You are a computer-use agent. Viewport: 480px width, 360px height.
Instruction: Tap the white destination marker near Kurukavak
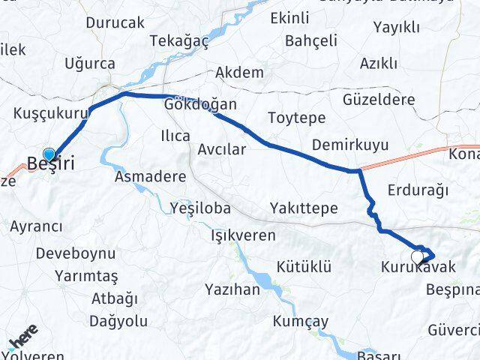[417, 256]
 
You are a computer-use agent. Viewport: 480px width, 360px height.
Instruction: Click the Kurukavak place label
[418, 267]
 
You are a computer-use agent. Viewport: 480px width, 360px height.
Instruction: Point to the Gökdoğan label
[201, 105]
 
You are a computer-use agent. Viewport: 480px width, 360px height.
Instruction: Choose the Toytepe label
[296, 118]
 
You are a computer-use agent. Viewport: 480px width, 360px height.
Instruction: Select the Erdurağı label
[417, 190]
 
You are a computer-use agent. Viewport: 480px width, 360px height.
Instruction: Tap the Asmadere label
[150, 178]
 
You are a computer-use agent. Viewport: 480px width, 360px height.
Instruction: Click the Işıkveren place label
[242, 235]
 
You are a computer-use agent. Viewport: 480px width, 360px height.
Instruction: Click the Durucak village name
[115, 23]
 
